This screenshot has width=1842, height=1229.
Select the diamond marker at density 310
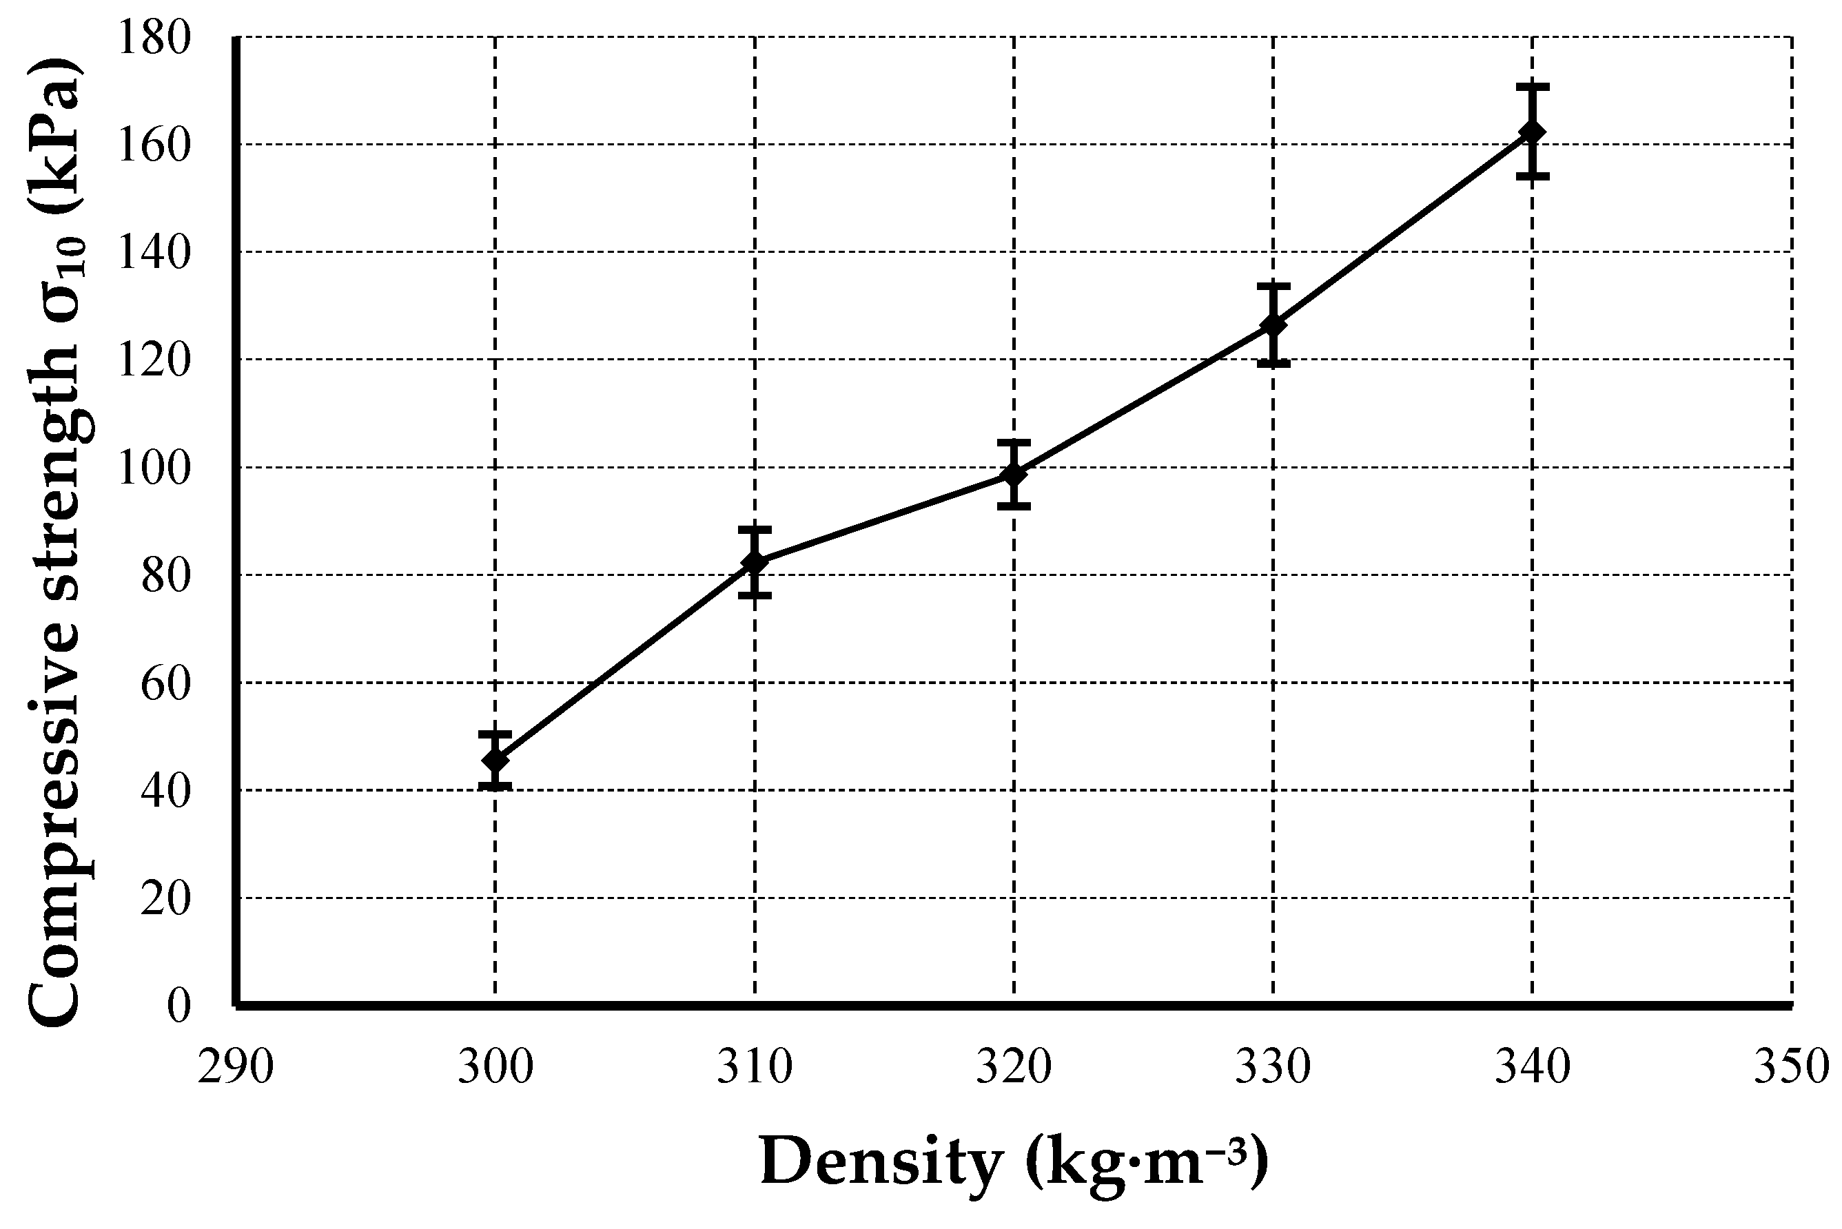(x=755, y=562)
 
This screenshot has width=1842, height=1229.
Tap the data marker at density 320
(x=1014, y=474)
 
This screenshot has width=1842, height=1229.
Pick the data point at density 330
(x=1273, y=325)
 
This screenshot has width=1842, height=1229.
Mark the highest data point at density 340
(x=1532, y=132)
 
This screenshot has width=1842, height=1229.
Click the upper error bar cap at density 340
(x=1532, y=86)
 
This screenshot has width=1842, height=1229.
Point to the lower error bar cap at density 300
(x=495, y=785)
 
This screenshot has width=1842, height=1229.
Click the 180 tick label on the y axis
(x=154, y=38)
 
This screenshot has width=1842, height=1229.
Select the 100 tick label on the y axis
(x=154, y=468)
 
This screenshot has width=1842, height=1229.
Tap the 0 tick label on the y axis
(x=178, y=1006)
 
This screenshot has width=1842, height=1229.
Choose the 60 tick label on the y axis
(x=165, y=684)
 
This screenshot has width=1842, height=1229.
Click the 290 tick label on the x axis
(x=235, y=1068)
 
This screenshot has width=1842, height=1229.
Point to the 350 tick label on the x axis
(x=1790, y=1068)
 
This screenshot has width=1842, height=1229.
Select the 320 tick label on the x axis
(x=1014, y=1068)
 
